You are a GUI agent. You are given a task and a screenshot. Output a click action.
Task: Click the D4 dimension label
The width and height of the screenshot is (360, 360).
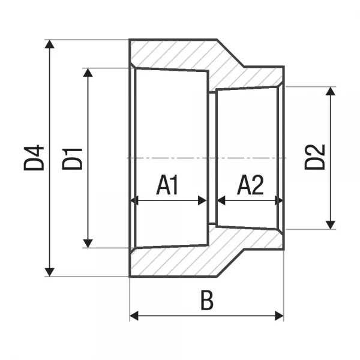click(34, 157)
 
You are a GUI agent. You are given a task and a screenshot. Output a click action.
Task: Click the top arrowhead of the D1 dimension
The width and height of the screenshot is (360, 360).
click(88, 73)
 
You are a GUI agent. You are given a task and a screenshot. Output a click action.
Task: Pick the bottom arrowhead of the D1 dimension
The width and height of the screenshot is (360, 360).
click(88, 242)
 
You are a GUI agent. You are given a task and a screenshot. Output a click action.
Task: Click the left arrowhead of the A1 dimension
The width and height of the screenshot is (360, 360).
click(136, 200)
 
